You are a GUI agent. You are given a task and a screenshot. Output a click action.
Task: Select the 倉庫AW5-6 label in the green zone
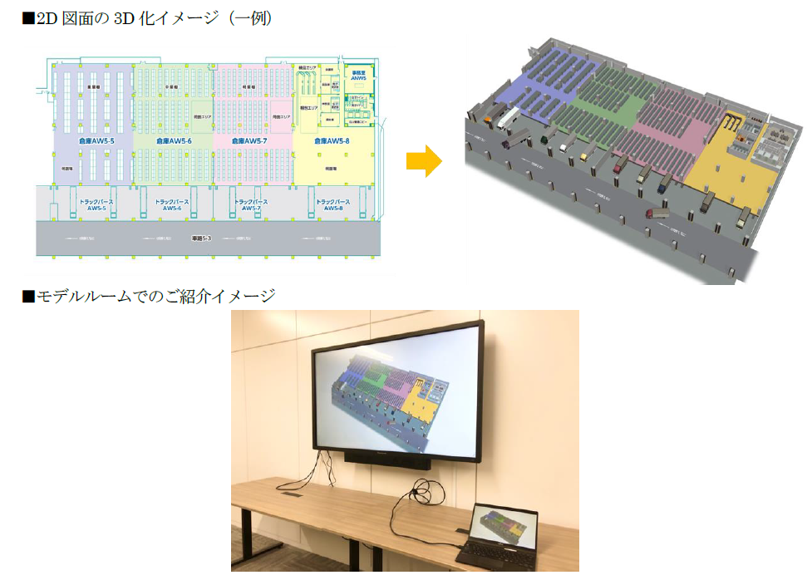pyautogui.click(x=174, y=141)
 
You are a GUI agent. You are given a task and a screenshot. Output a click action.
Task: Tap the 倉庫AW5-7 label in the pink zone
pyautogui.click(x=249, y=141)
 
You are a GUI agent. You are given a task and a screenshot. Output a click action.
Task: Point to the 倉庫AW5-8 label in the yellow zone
pyautogui.click(x=331, y=141)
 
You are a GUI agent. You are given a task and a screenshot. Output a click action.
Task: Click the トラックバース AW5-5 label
pyautogui.click(x=96, y=204)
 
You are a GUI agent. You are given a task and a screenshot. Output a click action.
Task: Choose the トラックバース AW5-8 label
pyautogui.click(x=332, y=204)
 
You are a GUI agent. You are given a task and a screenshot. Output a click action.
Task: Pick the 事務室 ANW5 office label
pyautogui.click(x=358, y=76)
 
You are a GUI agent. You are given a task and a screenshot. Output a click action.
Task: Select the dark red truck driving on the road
pyautogui.click(x=657, y=214)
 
